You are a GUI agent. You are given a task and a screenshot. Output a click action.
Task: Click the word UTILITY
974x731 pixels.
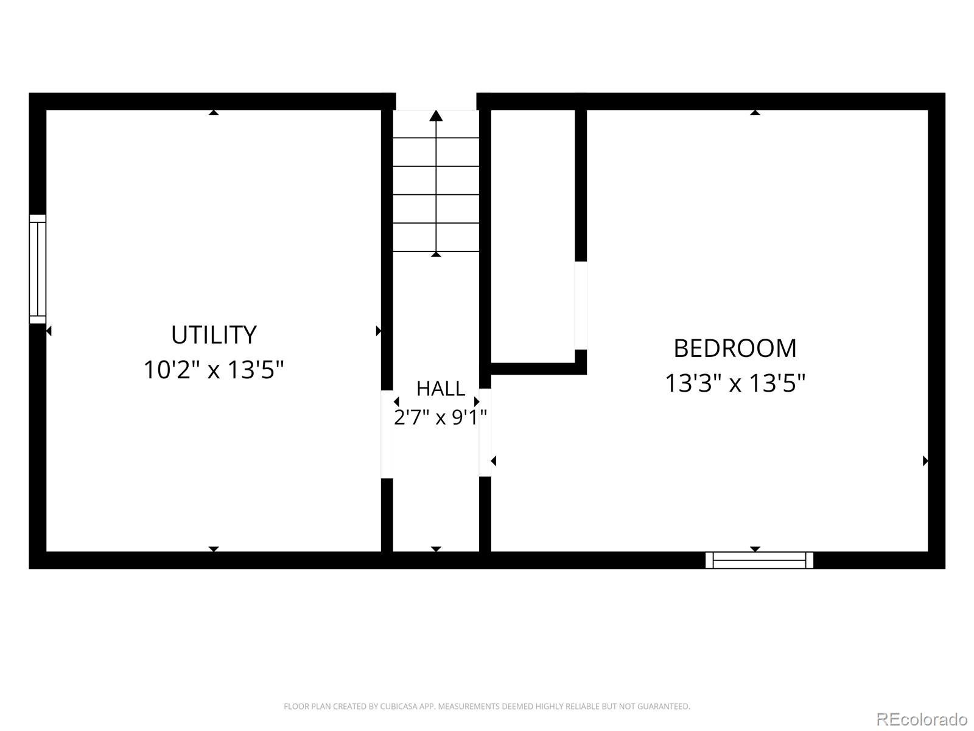pyautogui.click(x=214, y=334)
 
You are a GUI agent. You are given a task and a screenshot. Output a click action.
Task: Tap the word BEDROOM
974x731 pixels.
pyautogui.click(x=735, y=348)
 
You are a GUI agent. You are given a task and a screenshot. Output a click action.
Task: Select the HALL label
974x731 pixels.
pyautogui.click(x=441, y=389)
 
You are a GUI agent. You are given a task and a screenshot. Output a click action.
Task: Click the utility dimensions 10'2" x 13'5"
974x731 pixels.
pyautogui.click(x=214, y=370)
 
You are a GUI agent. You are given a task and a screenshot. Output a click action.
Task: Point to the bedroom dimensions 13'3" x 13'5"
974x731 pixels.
pyautogui.click(x=735, y=383)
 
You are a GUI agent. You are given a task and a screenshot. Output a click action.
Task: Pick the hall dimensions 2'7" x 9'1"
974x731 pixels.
pyautogui.click(x=440, y=417)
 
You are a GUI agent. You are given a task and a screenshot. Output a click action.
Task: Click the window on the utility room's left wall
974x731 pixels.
pyautogui.click(x=38, y=269)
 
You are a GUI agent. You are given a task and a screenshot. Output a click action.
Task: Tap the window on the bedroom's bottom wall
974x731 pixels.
pyautogui.click(x=759, y=560)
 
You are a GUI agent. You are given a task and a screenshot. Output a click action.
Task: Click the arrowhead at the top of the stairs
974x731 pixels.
pyautogui.click(x=436, y=115)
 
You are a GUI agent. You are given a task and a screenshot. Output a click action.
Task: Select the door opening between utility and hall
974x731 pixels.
pyautogui.click(x=387, y=434)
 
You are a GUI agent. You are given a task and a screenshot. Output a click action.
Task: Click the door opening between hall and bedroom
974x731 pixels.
pyautogui.click(x=485, y=433)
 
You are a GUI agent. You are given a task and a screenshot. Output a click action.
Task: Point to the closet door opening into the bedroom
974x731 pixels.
pyautogui.click(x=581, y=305)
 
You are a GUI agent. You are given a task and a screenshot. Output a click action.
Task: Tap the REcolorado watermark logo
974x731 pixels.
pyautogui.click(x=922, y=719)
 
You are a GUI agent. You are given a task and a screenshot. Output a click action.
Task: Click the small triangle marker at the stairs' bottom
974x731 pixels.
pyautogui.click(x=436, y=254)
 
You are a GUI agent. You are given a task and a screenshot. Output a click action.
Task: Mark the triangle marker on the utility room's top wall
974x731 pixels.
pyautogui.click(x=214, y=113)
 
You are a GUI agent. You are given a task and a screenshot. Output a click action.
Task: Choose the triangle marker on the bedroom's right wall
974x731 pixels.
pyautogui.click(x=925, y=461)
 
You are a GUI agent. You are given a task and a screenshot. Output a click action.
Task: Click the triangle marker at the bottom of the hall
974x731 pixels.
pyautogui.click(x=436, y=549)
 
